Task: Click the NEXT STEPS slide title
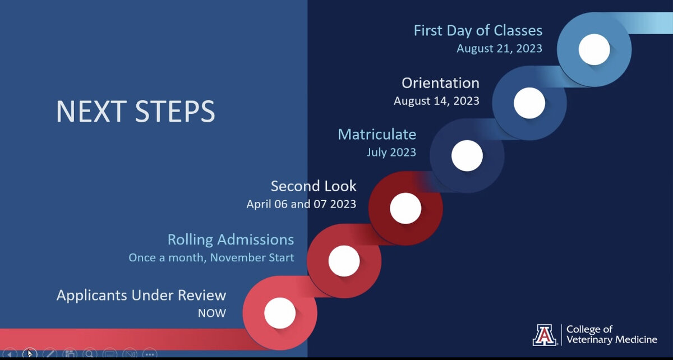(x=136, y=111)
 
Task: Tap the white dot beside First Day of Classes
(x=594, y=49)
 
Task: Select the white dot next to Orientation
(x=529, y=103)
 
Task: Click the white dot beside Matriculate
(x=467, y=155)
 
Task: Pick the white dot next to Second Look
(x=405, y=208)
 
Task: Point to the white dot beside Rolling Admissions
(x=344, y=261)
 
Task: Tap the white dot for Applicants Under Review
(x=280, y=313)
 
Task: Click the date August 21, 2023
(x=499, y=48)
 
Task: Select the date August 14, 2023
(x=436, y=101)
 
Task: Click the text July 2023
(x=391, y=153)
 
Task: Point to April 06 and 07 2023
(x=301, y=204)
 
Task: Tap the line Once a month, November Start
(x=211, y=257)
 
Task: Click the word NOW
(x=212, y=313)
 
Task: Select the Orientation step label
(x=440, y=83)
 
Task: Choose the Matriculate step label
(x=377, y=135)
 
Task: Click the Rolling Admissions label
(x=231, y=240)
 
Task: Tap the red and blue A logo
(x=545, y=335)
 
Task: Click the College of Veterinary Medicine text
(x=612, y=334)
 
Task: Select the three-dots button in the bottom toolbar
(x=150, y=354)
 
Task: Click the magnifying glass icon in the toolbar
(x=90, y=354)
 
